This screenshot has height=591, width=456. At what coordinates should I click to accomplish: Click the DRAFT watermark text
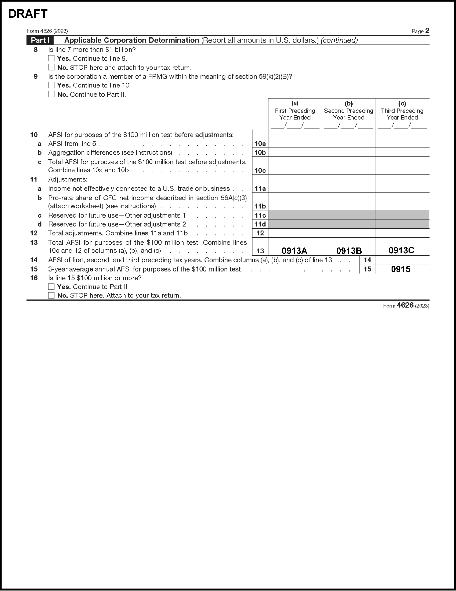tap(28, 14)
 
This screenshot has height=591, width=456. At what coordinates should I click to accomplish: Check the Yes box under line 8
tap(51, 58)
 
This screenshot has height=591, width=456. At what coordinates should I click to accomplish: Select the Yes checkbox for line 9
tap(51, 85)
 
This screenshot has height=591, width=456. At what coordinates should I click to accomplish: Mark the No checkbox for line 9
tap(51, 94)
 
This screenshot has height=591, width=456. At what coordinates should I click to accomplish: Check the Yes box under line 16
tap(51, 286)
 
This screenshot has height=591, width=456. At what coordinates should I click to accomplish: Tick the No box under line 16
tap(51, 295)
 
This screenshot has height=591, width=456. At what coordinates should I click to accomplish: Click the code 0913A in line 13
tap(294, 251)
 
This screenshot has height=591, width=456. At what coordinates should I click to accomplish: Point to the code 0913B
tap(349, 251)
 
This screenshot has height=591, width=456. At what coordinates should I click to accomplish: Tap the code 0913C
tap(401, 250)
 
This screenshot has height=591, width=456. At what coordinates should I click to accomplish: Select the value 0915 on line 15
tap(401, 269)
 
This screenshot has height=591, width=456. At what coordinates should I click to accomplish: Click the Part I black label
tap(40, 40)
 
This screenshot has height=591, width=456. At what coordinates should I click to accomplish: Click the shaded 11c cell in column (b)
tap(349, 215)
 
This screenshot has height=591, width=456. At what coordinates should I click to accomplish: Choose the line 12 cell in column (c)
tap(402, 233)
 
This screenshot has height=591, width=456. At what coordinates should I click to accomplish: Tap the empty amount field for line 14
tap(402, 260)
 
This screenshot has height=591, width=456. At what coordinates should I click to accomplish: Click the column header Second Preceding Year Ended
tap(349, 114)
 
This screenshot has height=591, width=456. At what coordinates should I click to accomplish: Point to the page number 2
tap(427, 30)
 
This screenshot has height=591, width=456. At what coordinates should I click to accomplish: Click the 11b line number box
tap(260, 206)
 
